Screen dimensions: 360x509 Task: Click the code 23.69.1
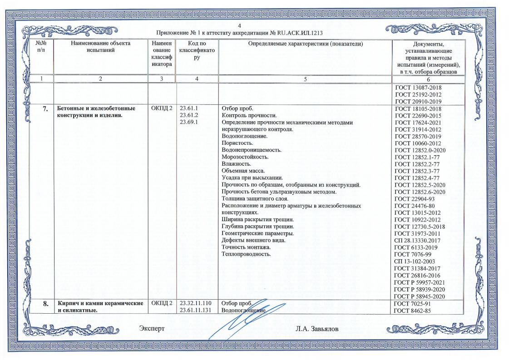[190, 123]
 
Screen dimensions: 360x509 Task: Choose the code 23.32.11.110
[196, 303]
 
